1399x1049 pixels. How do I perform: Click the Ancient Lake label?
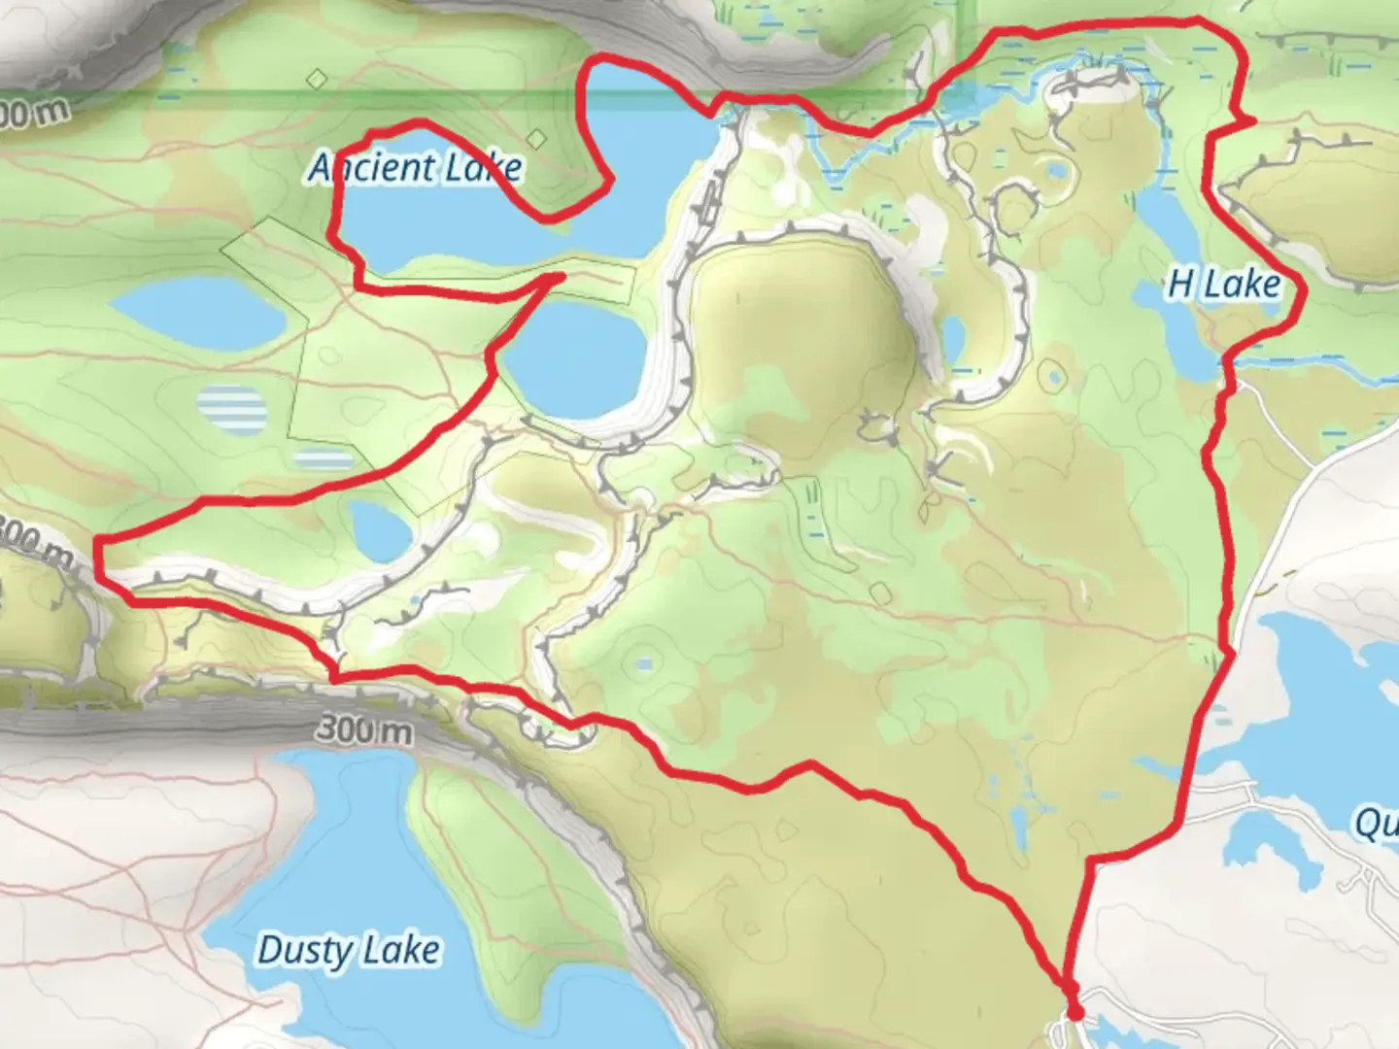tap(416, 168)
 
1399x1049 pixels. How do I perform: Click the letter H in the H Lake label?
tap(1180, 285)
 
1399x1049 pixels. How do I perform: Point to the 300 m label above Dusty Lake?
tap(363, 728)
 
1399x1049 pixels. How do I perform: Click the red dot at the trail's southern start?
tap(1075, 1013)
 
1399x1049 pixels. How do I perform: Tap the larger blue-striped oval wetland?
tap(231, 409)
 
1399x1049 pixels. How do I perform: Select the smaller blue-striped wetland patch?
tap(324, 458)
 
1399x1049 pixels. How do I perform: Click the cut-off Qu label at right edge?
tap(1378, 824)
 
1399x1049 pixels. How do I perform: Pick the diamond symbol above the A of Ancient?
tap(316, 79)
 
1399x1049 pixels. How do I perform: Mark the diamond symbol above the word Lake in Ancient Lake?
tap(535, 139)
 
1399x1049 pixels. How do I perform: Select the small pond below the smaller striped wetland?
tap(379, 531)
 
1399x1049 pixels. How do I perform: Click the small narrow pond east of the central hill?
tap(954, 338)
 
